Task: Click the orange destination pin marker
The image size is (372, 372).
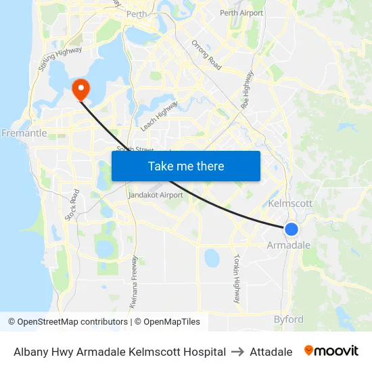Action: tap(80, 89)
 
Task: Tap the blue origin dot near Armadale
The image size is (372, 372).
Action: tap(292, 229)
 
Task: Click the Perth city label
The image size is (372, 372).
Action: tap(137, 14)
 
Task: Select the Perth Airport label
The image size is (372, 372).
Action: tap(241, 13)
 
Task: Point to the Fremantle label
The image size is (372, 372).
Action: tap(24, 133)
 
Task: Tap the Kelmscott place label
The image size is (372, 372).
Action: tap(290, 203)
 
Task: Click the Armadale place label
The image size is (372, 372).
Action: tap(289, 245)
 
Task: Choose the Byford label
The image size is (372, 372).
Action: tap(289, 319)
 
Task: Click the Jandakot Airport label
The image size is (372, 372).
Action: tap(156, 195)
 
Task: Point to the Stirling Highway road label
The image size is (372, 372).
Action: tap(60, 59)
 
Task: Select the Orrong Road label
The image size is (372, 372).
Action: tap(206, 55)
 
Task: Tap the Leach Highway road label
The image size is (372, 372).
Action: tap(159, 116)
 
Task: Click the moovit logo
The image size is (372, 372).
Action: tap(331, 351)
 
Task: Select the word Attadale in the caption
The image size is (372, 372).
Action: tap(271, 352)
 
